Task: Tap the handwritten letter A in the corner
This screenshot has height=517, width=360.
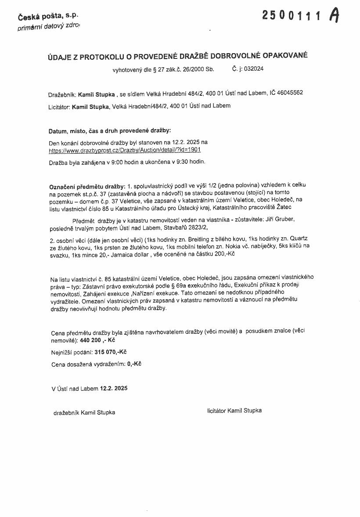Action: pyautogui.click(x=335, y=16)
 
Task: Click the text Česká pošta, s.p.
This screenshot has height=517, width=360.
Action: pyautogui.click(x=48, y=16)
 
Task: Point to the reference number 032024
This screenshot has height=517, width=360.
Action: pyautogui.click(x=254, y=69)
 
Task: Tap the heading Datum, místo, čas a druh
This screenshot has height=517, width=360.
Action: pyautogui.click(x=109, y=130)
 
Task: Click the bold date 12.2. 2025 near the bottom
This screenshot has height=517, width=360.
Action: pyautogui.click(x=114, y=388)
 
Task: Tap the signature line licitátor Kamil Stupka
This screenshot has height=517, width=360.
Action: pyautogui.click(x=234, y=410)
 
